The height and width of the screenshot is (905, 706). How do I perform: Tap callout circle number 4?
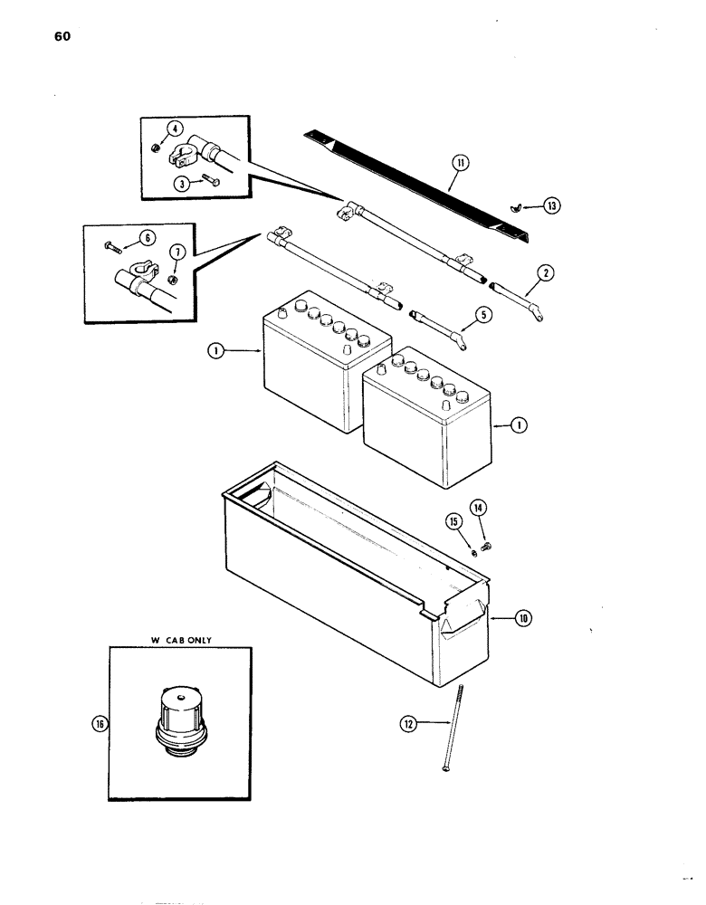[176, 129]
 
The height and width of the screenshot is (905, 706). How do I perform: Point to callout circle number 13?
[551, 205]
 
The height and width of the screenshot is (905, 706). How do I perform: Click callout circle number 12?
[408, 722]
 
